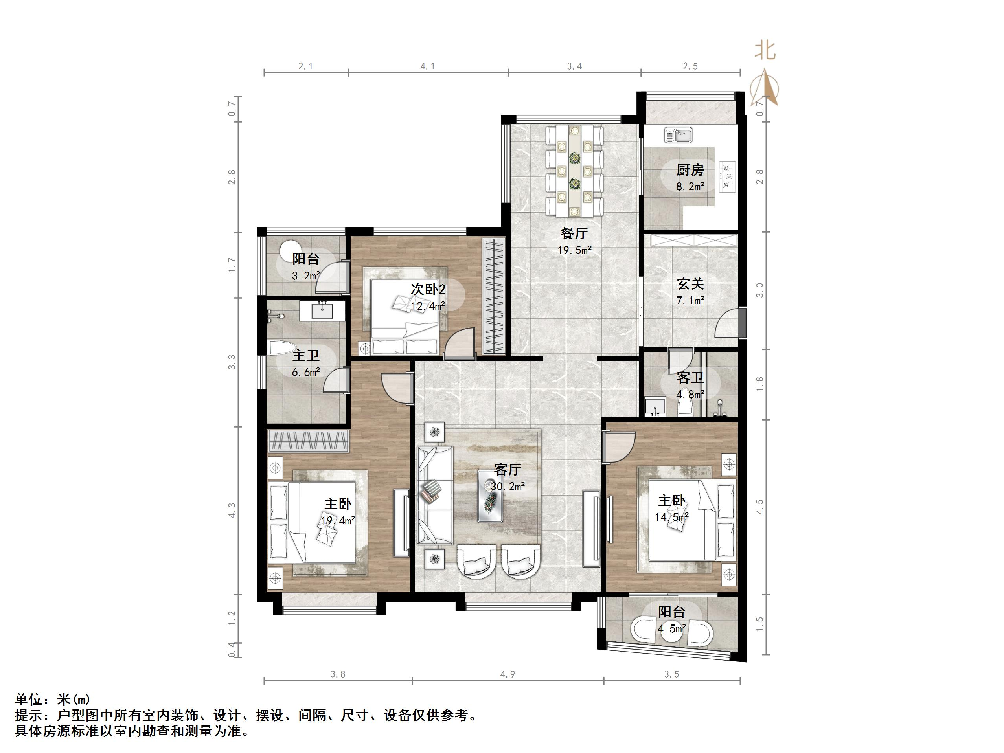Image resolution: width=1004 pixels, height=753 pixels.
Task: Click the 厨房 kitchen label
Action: [x=690, y=170]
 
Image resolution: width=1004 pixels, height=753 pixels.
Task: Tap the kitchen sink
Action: [x=678, y=135]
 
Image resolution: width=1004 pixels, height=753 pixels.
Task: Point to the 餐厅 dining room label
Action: [x=574, y=233]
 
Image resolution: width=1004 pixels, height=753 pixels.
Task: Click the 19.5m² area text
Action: [x=574, y=250]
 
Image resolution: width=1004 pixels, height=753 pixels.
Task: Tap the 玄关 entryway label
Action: [x=690, y=284]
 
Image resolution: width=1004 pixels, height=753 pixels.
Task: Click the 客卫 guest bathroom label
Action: [x=690, y=378]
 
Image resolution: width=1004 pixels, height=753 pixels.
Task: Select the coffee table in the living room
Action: [x=490, y=496]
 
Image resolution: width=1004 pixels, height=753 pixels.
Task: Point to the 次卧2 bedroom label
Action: [x=428, y=289]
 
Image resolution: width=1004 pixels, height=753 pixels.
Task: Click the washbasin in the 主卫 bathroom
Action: [x=322, y=311]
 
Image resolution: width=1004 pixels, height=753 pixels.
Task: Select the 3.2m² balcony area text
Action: [x=305, y=275]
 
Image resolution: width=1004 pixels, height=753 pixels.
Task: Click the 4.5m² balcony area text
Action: [x=671, y=629]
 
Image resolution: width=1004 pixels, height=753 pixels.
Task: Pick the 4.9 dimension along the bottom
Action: [x=508, y=674]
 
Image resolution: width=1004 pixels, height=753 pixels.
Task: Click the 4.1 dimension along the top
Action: [x=428, y=66]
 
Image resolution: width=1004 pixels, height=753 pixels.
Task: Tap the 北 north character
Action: [x=765, y=50]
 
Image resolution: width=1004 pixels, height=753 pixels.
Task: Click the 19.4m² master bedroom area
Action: [x=338, y=521]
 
